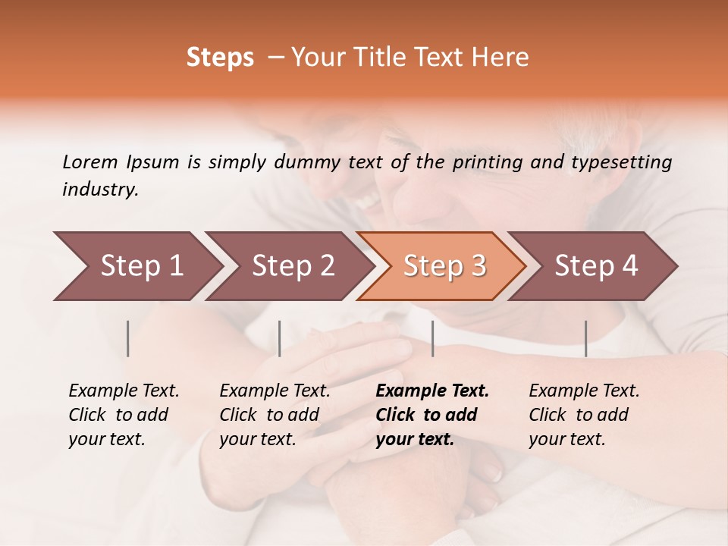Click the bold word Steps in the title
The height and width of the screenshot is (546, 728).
220,58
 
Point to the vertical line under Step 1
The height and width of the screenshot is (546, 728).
128,338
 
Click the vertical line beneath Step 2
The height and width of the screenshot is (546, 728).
280,338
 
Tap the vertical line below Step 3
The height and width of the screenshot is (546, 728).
432,338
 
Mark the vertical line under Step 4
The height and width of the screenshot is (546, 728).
585,338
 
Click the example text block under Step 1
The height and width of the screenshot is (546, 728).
124,415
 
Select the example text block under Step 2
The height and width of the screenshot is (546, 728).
275,415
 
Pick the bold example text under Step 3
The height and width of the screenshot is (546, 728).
432,415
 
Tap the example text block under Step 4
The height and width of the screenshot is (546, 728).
584,415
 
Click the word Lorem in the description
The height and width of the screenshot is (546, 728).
89,162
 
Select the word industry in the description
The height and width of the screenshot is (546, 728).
99,190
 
